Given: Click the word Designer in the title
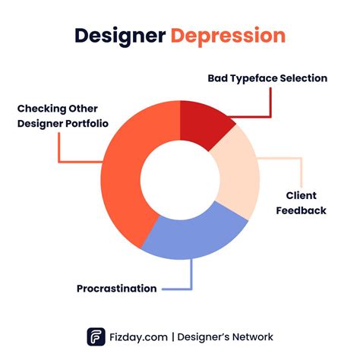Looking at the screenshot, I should click(120, 36).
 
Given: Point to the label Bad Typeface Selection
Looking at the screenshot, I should click(267, 77).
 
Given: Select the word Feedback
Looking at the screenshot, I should click(301, 210).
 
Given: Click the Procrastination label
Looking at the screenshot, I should click(116, 289).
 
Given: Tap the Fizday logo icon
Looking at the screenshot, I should click(96, 336).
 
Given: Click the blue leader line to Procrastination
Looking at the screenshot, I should click(191, 277).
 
